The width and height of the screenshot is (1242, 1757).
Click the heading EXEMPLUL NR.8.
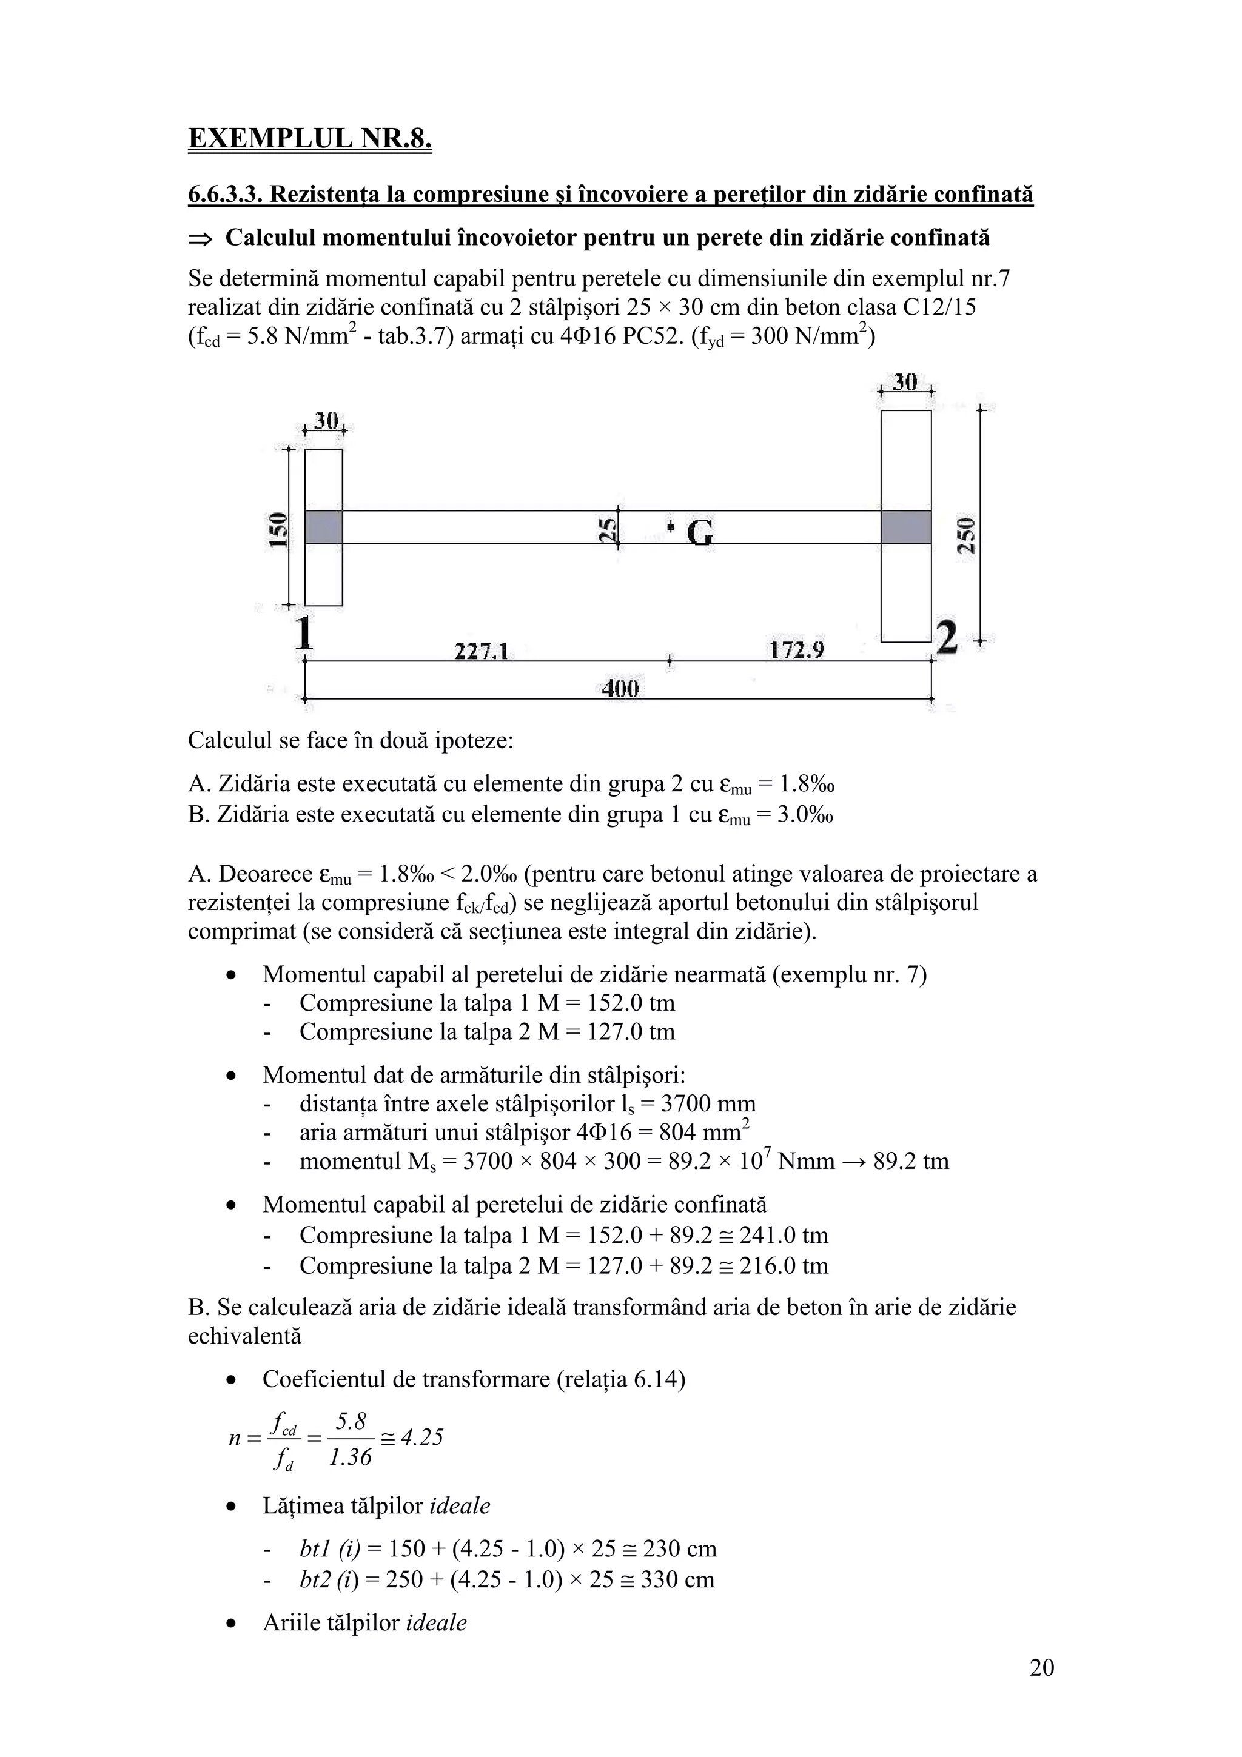309,138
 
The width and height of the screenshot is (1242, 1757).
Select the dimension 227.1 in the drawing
482,651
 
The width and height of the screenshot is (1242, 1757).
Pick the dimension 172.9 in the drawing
796,651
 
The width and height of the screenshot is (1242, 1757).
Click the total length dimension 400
620,689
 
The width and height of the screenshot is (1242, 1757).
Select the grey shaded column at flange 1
324,527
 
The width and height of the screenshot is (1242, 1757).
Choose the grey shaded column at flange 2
905,527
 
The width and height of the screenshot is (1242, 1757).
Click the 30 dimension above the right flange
905,382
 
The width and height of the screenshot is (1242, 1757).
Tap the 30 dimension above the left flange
326,421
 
